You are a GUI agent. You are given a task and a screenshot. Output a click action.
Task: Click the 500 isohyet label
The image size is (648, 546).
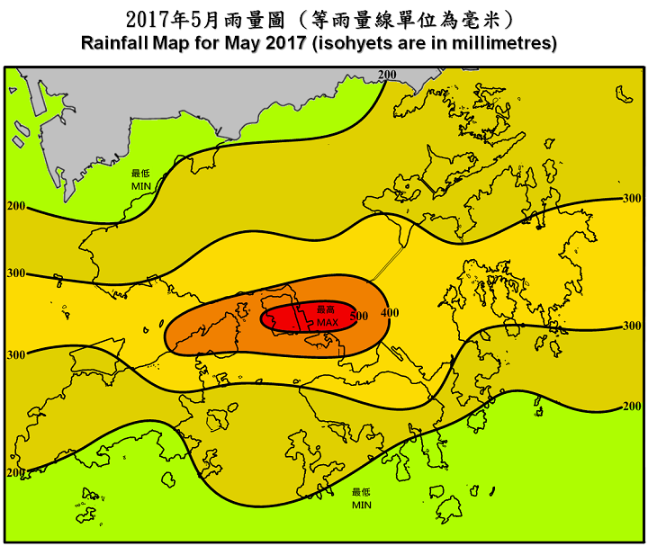[359, 316]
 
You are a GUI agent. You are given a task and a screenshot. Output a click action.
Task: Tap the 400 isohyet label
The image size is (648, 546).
[390, 312]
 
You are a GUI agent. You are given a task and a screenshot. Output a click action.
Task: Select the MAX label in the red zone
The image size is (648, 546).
[327, 322]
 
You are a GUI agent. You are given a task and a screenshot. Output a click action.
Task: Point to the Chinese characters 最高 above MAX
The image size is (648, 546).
[325, 310]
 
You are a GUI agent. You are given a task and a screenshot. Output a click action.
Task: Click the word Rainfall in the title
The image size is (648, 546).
[115, 43]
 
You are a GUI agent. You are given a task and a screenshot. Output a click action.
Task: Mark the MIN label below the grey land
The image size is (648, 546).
[141, 184]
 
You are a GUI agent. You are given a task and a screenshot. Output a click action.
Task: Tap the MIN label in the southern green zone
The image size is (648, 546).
[362, 505]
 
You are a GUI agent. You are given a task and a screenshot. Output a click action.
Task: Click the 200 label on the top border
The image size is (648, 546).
[387, 74]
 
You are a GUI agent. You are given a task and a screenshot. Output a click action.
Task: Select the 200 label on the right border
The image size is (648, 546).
[632, 407]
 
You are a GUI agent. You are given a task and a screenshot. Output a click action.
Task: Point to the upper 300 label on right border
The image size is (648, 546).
[632, 198]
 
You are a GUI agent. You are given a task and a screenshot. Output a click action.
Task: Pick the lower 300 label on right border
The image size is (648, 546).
[632, 326]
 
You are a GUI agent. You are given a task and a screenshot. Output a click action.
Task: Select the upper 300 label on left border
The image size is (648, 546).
[16, 273]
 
